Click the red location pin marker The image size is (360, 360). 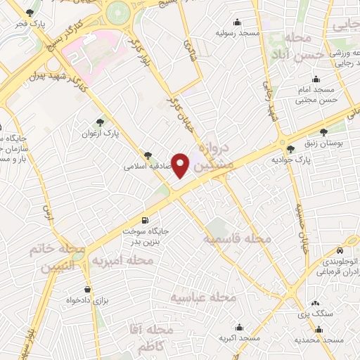pyautogui.click(x=181, y=165)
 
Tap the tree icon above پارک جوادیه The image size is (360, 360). pyautogui.click(x=291, y=148)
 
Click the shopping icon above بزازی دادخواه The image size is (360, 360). pyautogui.click(x=87, y=289)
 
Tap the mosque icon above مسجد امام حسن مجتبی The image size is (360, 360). pyautogui.click(x=316, y=79)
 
